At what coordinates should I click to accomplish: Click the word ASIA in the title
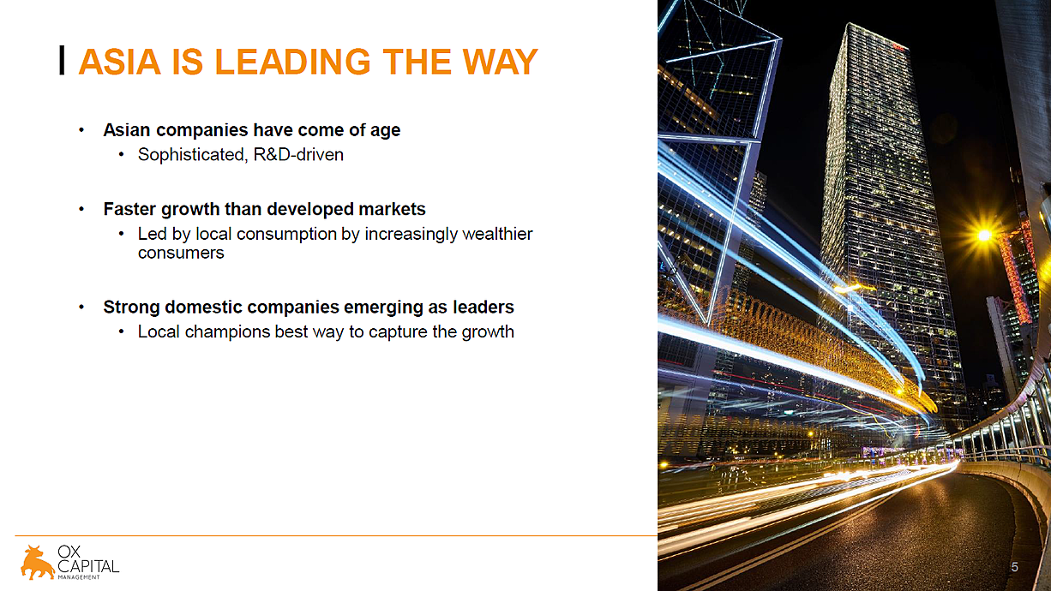(x=120, y=62)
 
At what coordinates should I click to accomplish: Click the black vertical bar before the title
(x=62, y=60)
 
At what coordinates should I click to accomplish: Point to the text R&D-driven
(x=298, y=154)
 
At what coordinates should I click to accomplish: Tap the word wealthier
(x=497, y=233)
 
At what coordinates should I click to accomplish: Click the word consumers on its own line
(x=181, y=253)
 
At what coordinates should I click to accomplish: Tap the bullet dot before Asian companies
(x=81, y=130)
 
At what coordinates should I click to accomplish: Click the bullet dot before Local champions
(x=121, y=331)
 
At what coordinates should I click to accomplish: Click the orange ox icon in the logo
(x=37, y=563)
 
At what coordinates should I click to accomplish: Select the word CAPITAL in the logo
(x=88, y=566)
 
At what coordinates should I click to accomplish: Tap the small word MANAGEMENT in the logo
(x=79, y=577)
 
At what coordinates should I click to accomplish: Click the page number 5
(x=1015, y=567)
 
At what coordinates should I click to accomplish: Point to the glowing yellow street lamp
(x=984, y=235)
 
